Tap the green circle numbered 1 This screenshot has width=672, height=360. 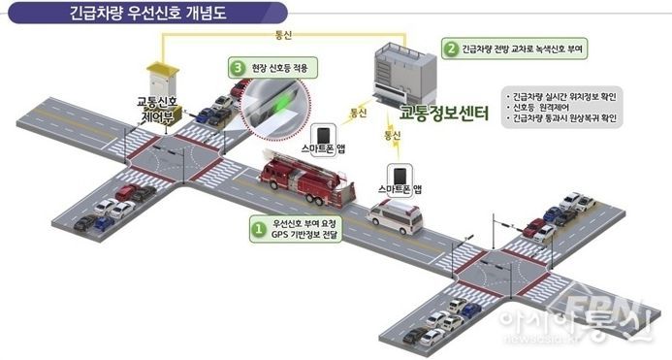[258, 230]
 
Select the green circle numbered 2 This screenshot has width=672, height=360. [451, 48]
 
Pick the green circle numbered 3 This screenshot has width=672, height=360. [238, 67]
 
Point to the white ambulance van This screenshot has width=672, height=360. [396, 216]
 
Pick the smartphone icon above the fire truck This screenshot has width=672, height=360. [323, 135]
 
